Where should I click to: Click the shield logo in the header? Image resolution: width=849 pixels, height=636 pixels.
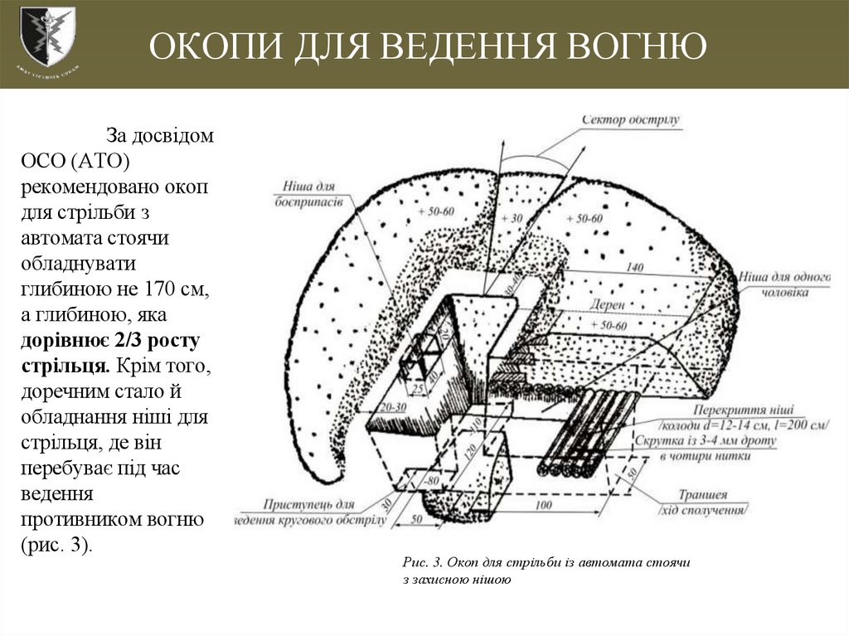[x=46, y=36]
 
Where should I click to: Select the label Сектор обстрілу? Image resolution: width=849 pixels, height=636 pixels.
[x=631, y=119]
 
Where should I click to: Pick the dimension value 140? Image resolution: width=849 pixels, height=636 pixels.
[x=635, y=268]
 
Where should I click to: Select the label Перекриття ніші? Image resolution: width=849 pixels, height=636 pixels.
[x=744, y=410]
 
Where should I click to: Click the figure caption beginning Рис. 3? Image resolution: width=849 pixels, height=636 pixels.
[x=546, y=570]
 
